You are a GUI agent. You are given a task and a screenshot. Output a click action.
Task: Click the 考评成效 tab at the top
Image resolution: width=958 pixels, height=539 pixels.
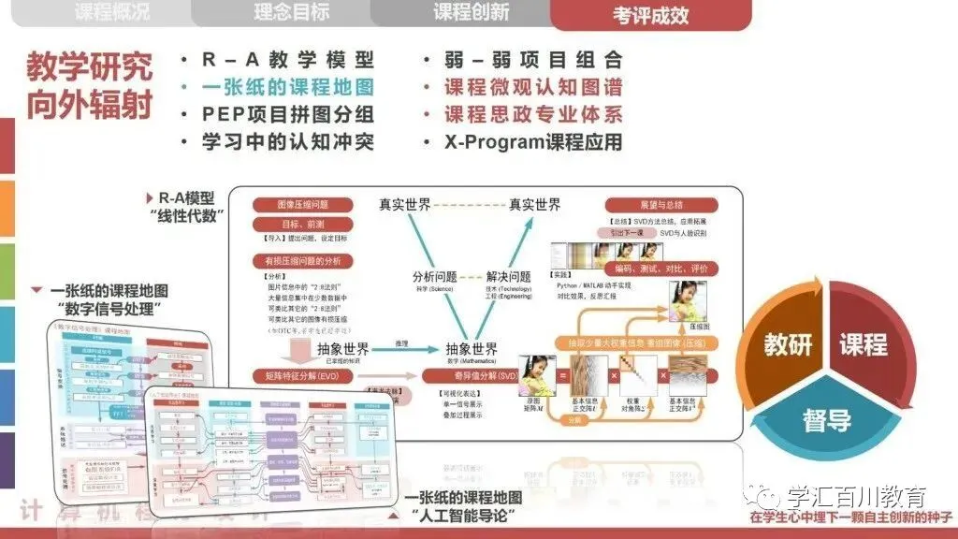pos(651,15)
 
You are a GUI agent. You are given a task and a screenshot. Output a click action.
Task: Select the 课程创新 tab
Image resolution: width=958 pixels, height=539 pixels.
pos(471,13)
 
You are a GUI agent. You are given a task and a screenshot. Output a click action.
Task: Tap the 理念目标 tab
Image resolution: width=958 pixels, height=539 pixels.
pos(291,13)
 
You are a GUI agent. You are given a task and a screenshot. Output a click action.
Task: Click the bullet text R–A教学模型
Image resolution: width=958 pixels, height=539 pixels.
pos(288,60)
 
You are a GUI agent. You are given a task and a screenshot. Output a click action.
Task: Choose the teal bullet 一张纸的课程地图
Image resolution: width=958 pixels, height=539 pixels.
pos(288,87)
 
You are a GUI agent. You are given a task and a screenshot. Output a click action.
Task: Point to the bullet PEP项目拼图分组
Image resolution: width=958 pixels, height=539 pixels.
pos(288,115)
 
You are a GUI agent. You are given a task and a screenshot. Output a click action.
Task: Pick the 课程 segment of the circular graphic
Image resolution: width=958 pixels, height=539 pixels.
pos(863,343)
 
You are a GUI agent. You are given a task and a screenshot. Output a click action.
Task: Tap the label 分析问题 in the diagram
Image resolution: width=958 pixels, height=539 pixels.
pos(435,277)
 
